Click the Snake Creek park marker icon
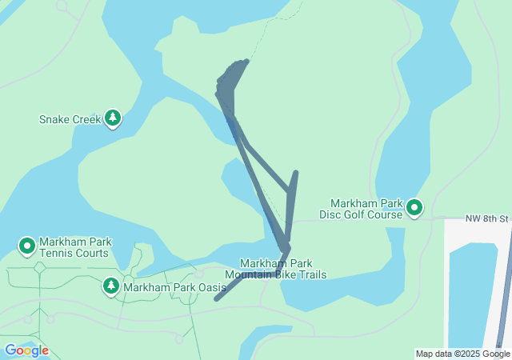click(x=113, y=119)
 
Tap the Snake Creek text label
click(x=70, y=120)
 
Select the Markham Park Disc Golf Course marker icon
click(x=414, y=208)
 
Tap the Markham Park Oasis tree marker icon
click(x=111, y=286)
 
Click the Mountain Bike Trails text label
click(x=275, y=275)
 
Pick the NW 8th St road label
click(x=486, y=218)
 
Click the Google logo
click(x=26, y=350)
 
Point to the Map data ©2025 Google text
click(x=462, y=354)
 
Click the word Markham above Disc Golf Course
click(x=354, y=203)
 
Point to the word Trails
click(x=311, y=275)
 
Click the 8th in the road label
click(x=488, y=218)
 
